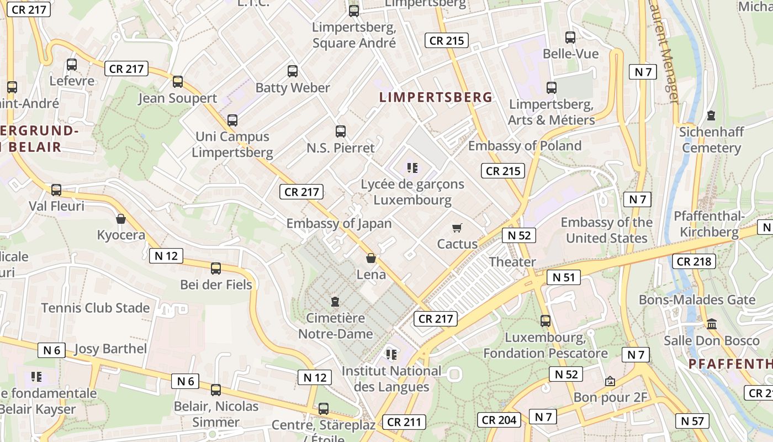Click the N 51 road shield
click(x=563, y=277)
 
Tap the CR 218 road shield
click(x=693, y=261)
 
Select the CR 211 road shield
click(x=404, y=422)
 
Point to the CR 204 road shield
click(x=499, y=420)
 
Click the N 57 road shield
click(x=692, y=421)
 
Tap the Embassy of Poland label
click(x=525, y=146)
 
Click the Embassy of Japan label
click(x=338, y=224)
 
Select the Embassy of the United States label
click(x=606, y=230)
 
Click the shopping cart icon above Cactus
click(x=457, y=228)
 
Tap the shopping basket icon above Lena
click(x=371, y=258)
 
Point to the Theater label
click(x=512, y=262)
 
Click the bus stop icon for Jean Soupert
click(x=177, y=82)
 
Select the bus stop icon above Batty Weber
click(x=293, y=71)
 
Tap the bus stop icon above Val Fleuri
click(x=56, y=190)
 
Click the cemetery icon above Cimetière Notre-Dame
click(x=335, y=302)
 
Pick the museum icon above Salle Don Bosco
click(x=712, y=324)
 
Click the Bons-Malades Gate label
click(x=697, y=300)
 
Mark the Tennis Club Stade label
click(x=96, y=308)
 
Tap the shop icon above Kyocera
click(x=121, y=219)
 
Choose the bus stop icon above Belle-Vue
click(x=570, y=38)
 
